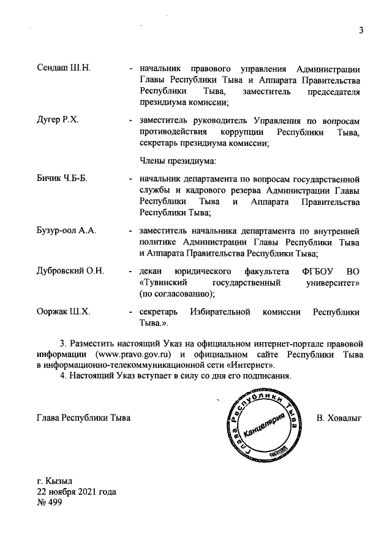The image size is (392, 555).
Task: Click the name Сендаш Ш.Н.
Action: click(64, 67)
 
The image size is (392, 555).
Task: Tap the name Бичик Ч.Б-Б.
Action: click(62, 178)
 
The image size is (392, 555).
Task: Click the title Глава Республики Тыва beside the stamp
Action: click(84, 419)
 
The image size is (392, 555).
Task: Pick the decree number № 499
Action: click(50, 502)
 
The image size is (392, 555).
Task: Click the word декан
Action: click(151, 271)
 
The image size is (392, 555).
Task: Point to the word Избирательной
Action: click(222, 312)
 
